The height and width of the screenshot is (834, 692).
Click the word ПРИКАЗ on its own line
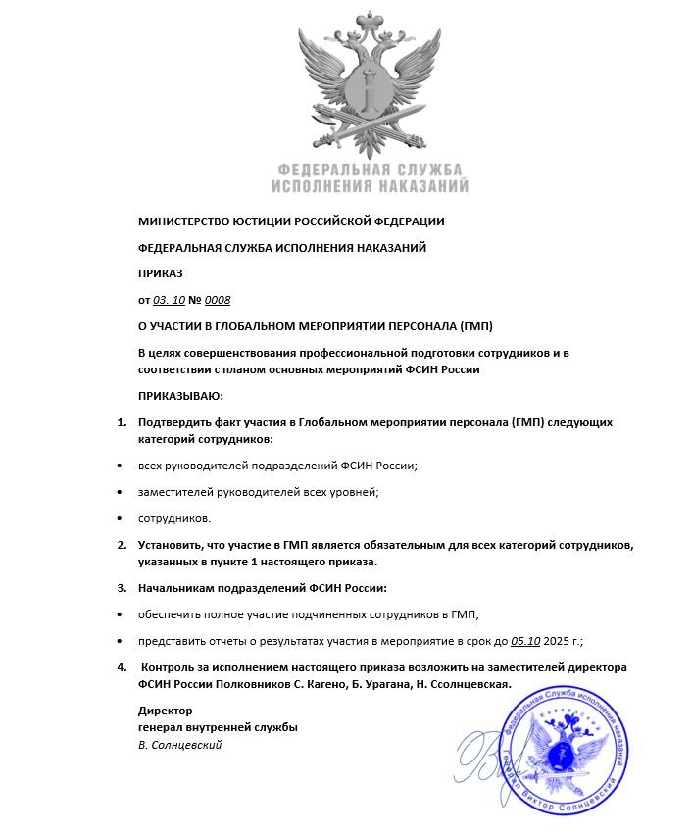[x=161, y=273]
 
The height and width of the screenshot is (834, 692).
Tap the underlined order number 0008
[x=218, y=299]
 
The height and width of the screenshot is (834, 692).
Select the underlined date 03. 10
[x=169, y=299]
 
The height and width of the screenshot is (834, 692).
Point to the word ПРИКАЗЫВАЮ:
[x=180, y=396]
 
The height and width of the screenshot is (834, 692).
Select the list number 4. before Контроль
[x=122, y=668]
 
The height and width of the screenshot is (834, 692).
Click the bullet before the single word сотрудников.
[x=120, y=517]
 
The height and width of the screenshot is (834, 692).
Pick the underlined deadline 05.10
[x=525, y=641]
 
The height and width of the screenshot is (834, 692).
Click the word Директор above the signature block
[x=166, y=711]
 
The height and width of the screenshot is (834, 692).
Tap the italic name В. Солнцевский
[x=180, y=746]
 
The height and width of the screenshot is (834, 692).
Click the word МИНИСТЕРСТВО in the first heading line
[x=184, y=221]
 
